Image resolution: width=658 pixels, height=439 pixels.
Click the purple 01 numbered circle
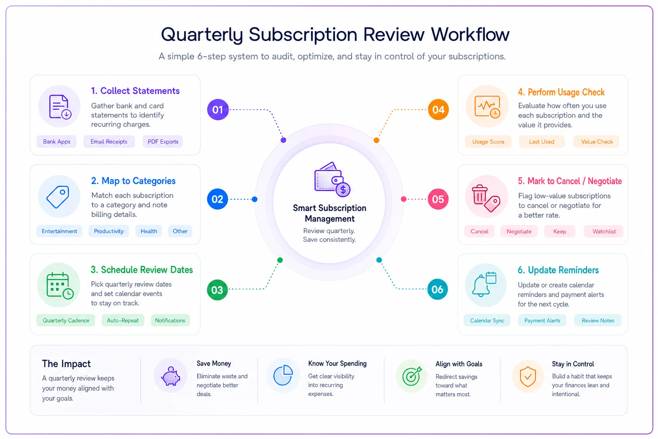(218, 110)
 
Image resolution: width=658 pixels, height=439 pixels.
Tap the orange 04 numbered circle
(438, 110)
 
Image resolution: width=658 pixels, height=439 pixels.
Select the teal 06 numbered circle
(437, 289)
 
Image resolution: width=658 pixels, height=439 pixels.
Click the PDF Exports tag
(163, 141)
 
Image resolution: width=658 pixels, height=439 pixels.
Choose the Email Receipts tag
(109, 141)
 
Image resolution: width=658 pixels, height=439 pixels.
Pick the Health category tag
(149, 231)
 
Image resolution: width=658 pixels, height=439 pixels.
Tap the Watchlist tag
(604, 232)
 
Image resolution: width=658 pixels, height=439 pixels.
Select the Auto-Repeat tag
(123, 320)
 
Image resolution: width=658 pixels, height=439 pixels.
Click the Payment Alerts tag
(542, 320)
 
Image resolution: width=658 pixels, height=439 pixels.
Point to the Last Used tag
(541, 141)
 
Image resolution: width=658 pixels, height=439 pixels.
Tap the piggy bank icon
(170, 376)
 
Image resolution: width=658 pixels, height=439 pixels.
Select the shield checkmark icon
(528, 376)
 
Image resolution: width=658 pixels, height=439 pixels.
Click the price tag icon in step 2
(58, 197)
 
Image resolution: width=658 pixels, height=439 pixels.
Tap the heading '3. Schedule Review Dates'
(142, 270)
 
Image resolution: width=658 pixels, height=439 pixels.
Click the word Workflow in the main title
(470, 34)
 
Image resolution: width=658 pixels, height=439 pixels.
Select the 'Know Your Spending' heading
(337, 364)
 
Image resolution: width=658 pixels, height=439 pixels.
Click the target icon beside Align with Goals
(412, 376)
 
